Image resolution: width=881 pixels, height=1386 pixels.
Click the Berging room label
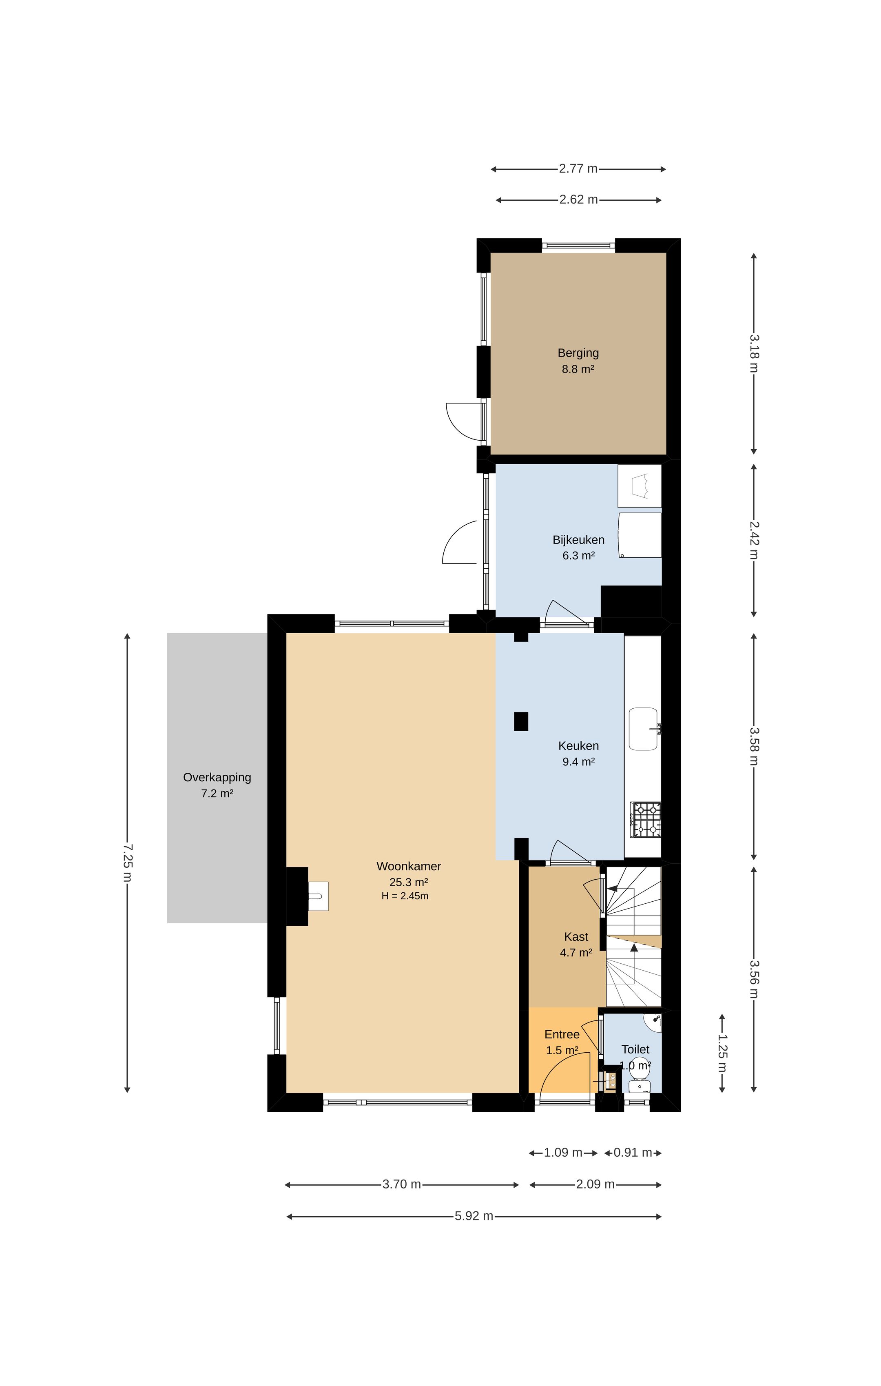(x=578, y=353)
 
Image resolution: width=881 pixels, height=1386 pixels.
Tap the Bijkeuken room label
(x=578, y=540)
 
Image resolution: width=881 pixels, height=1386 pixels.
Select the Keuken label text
(x=578, y=746)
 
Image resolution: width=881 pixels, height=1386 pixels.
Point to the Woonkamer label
(x=409, y=866)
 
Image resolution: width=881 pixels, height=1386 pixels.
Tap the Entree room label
(x=562, y=1035)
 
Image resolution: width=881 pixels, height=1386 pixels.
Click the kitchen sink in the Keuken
(x=643, y=729)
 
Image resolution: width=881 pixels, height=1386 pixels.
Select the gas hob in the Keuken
(x=645, y=820)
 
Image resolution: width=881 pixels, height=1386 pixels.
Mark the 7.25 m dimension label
(x=128, y=863)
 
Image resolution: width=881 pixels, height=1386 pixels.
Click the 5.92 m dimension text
(x=474, y=1216)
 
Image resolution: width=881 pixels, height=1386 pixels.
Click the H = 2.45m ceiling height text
(x=405, y=896)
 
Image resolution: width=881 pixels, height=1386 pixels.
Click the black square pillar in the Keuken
(x=521, y=721)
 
